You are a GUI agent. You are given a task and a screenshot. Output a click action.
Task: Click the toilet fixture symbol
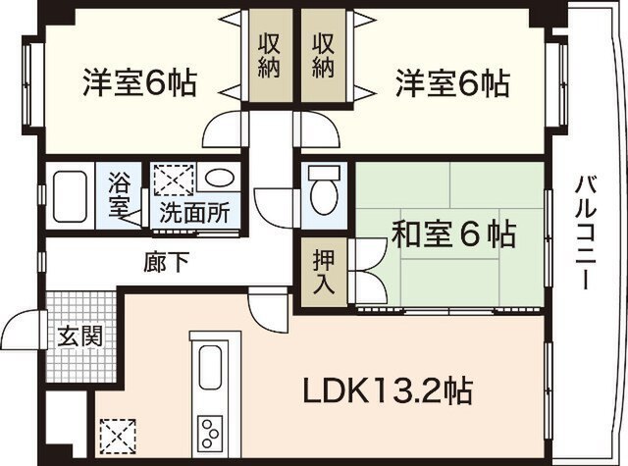324,191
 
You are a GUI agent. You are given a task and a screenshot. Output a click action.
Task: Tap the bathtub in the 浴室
71,196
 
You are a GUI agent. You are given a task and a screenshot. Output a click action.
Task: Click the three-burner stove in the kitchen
210,434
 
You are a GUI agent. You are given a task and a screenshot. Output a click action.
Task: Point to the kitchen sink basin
210,366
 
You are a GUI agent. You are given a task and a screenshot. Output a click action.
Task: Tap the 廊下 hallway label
166,262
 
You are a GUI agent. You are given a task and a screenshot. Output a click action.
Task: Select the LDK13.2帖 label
388,390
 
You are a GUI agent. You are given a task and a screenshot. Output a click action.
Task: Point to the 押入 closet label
324,272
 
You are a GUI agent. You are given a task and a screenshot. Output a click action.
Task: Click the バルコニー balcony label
586,232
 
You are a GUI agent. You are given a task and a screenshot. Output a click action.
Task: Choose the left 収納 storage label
269,55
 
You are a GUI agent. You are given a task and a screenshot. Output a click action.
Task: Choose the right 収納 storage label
323,55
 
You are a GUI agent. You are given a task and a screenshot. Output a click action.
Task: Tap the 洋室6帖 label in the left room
139,82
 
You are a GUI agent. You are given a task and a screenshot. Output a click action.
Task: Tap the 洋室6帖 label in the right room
452,83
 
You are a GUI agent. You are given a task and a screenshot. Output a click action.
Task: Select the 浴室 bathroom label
119,194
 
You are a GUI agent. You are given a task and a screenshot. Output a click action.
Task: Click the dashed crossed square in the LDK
118,436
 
